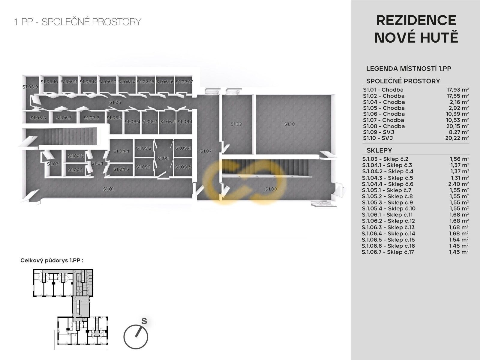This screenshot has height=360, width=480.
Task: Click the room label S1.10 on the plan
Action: click(289, 124)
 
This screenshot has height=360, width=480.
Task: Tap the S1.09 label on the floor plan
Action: click(236, 124)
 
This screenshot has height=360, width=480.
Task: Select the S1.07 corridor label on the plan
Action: click(206, 151)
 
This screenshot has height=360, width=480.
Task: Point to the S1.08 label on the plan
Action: click(271, 189)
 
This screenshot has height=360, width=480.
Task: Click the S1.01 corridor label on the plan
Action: click(109, 189)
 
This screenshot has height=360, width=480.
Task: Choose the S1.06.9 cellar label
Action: click(30, 87)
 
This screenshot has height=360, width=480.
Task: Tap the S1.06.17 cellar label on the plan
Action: click(184, 82)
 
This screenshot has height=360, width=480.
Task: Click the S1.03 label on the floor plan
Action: click(53, 164)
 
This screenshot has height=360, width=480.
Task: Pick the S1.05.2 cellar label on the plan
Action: click(144, 148)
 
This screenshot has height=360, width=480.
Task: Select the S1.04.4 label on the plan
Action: click(121, 151)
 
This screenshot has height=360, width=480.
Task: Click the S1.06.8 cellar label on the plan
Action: click(38, 118)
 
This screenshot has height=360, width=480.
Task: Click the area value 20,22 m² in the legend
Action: click(457, 138)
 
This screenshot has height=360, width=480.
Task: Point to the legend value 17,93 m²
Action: click(457, 89)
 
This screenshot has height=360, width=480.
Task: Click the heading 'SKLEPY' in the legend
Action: click(379, 150)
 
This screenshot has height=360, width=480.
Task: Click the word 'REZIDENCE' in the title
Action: click(416, 21)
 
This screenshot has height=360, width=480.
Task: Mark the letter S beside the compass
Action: click(144, 321)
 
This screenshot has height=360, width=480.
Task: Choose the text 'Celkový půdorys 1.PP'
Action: click(50, 260)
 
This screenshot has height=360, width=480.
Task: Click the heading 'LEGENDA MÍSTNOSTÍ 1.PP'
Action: click(409, 68)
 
